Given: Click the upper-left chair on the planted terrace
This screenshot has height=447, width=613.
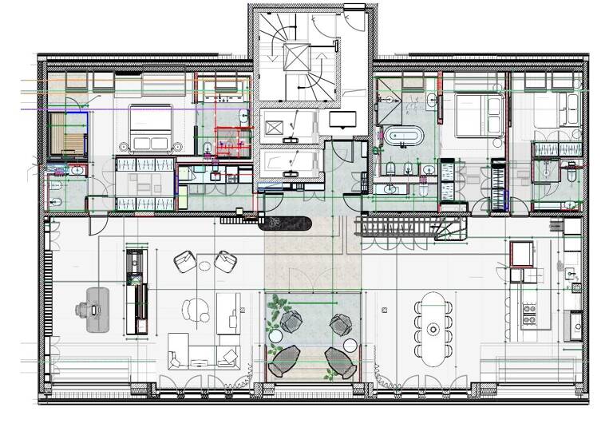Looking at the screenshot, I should (291, 322).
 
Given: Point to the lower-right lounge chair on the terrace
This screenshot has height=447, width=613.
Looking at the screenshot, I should (338, 362).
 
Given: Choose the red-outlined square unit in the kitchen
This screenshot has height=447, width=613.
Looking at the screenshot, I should (522, 254).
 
